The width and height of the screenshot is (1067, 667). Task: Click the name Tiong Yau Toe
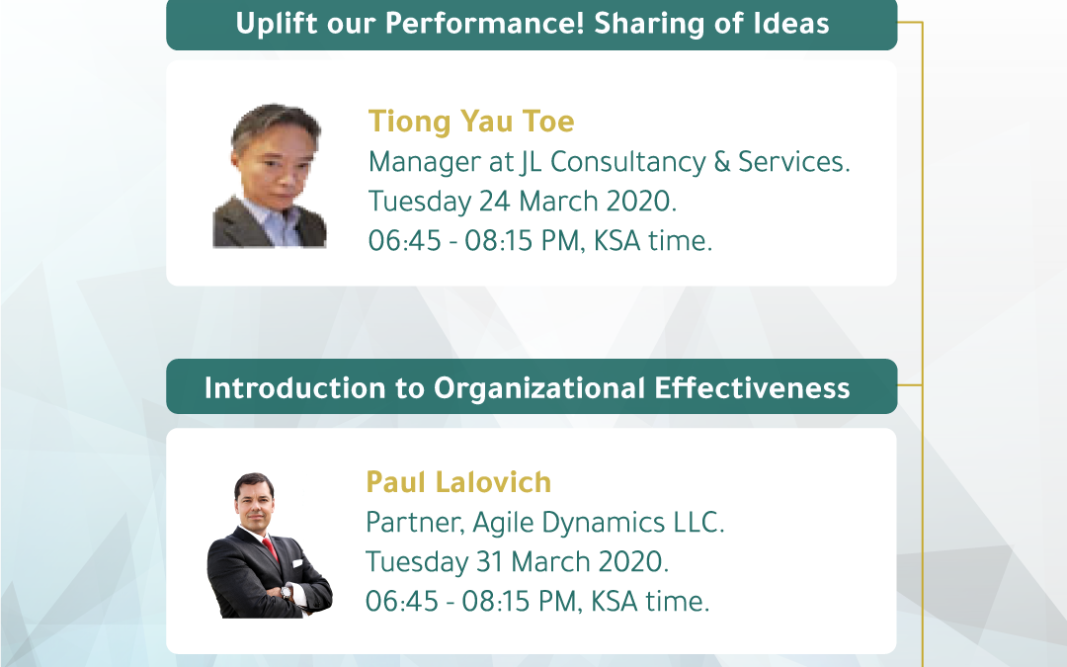[471, 122]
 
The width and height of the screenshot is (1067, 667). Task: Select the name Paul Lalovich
[458, 482]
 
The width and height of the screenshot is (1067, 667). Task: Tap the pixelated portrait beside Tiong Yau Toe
[270, 176]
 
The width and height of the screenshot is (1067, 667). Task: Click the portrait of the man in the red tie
[270, 545]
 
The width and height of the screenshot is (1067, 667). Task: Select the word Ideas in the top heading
[790, 24]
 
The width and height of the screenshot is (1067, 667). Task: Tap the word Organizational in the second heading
[539, 388]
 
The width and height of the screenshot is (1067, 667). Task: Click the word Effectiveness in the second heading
[752, 388]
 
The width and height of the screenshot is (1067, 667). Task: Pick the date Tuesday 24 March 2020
[523, 202]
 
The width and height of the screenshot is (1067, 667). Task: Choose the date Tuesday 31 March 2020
[517, 562]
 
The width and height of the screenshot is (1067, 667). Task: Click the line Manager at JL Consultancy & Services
[609, 162]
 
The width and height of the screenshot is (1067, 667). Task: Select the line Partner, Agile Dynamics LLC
[545, 523]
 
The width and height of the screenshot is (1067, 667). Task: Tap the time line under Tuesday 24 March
[540, 241]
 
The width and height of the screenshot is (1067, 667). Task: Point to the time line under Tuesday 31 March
[537, 602]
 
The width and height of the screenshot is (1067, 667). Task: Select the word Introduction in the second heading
[294, 388]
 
